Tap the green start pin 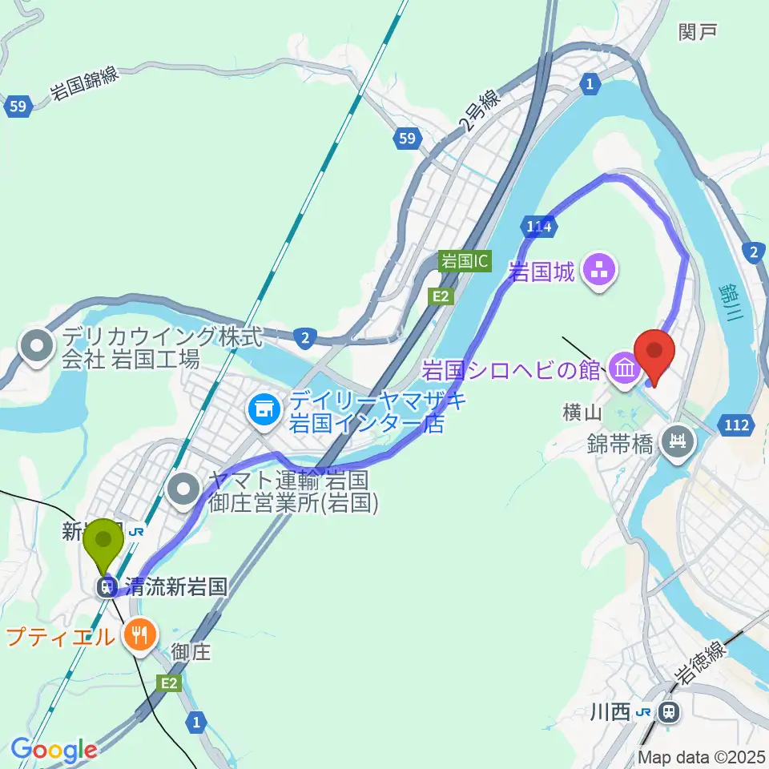(104, 545)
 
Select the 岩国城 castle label (542, 272)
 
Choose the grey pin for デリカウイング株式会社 (37, 348)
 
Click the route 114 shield (539, 227)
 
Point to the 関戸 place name (697, 33)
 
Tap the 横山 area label (582, 413)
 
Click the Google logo (53, 750)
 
